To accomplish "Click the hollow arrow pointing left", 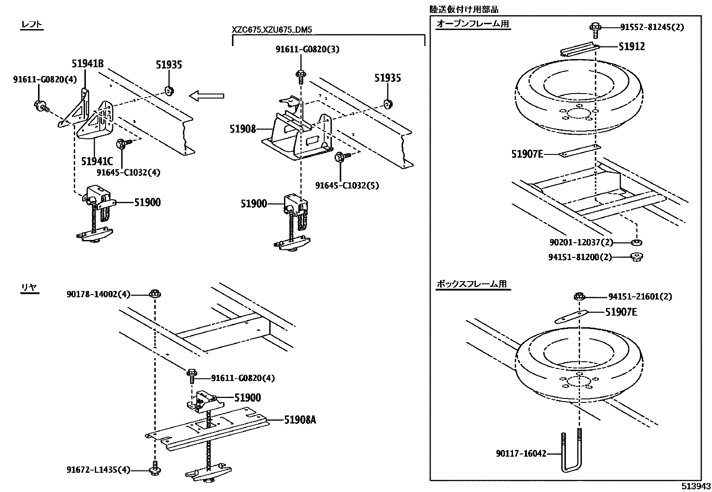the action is [x=207, y=96].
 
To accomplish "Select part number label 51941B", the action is [x=87, y=64].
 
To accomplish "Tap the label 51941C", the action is [x=97, y=161].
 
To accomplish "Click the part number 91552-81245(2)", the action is [x=652, y=27].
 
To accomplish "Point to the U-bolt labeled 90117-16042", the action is [x=572, y=452].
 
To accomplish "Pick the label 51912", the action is [x=631, y=47].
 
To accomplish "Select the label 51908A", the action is [x=300, y=420].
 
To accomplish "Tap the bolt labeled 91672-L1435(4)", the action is [x=155, y=468].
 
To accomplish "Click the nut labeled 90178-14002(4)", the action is [x=155, y=293].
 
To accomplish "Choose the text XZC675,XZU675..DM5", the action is [x=272, y=30].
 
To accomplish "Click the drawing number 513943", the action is [x=696, y=486].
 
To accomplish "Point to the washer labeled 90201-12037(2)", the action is [x=636, y=243].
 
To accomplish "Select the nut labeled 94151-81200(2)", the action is [x=637, y=257].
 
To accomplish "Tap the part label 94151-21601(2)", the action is [x=640, y=297].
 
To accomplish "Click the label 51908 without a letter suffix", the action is [x=243, y=129].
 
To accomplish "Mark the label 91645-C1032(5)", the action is [x=347, y=185].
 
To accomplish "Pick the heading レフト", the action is [x=31, y=24].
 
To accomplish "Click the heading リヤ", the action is [x=30, y=287].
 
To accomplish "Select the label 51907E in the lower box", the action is [x=621, y=312].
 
